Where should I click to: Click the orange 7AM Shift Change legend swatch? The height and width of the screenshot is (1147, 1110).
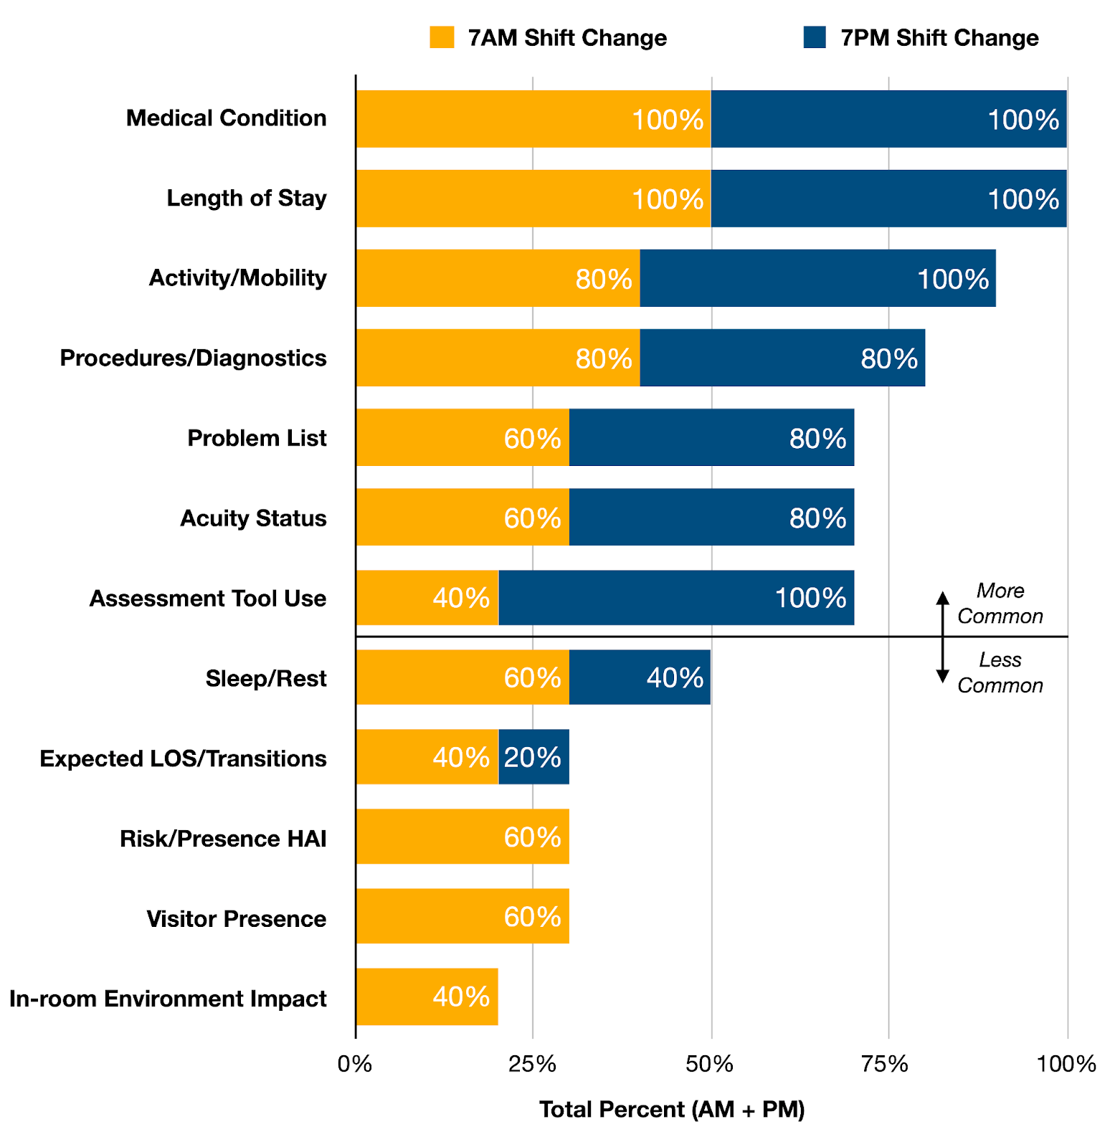[442, 37]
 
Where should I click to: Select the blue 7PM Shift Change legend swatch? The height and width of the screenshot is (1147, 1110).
[815, 37]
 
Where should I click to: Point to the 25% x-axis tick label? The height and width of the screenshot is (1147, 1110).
[532, 1065]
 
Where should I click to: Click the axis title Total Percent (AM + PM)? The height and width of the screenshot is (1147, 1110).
[672, 1110]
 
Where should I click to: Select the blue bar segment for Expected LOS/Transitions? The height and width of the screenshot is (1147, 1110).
[533, 757]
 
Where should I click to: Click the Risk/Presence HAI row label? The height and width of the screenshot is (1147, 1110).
[223, 839]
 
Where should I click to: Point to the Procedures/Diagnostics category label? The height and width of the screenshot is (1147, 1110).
[194, 358]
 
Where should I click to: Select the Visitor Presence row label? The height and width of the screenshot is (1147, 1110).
[237, 919]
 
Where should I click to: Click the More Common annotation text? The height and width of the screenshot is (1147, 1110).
[1000, 604]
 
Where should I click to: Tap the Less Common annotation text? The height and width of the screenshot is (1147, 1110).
[1000, 672]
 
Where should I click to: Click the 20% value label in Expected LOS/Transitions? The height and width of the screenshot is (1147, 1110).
[532, 757]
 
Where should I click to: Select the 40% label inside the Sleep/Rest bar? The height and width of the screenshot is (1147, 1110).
[675, 677]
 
